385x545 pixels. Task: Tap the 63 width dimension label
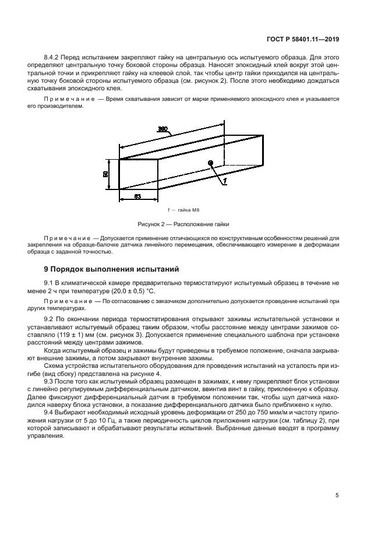137,196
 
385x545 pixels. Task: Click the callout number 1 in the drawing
224,182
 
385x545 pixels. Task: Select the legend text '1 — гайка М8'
183,210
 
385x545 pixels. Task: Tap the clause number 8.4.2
53,59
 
